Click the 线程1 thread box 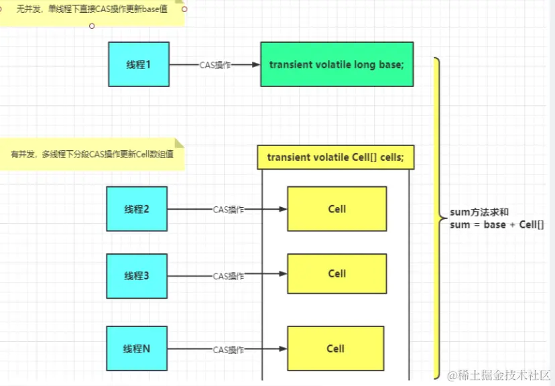tap(139, 64)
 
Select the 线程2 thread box tap(137, 209)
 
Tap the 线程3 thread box tap(137, 275)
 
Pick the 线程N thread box tap(137, 348)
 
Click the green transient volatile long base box tap(336, 64)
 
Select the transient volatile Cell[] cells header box tap(335, 157)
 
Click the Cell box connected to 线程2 tap(336, 209)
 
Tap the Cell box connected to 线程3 tap(336, 273)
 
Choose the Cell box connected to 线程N tap(335, 348)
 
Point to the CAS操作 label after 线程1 tap(215, 65)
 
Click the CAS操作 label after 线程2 tap(229, 210)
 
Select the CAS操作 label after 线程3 tap(229, 276)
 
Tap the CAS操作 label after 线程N tap(229, 349)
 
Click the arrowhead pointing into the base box tap(255, 65)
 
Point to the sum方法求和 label tap(479, 212)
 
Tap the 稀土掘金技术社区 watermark tap(499, 374)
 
